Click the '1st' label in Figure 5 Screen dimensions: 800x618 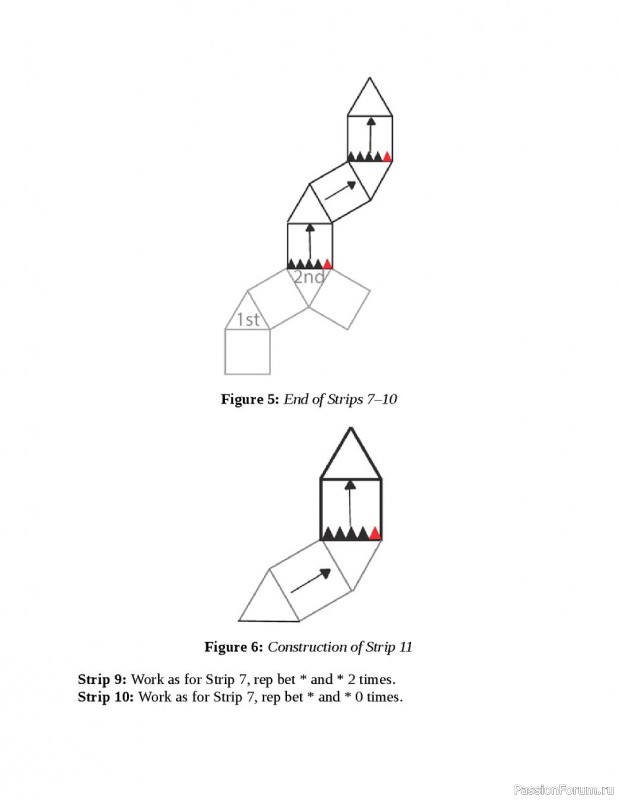247,320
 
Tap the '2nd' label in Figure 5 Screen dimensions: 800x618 309,277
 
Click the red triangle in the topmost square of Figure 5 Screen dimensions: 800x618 387,155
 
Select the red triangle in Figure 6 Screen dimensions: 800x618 374,533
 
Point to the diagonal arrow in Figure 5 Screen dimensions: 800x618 340,189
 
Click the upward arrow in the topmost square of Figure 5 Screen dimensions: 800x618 370,133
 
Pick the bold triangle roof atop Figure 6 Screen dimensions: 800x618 350,457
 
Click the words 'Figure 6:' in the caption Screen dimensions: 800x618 233,647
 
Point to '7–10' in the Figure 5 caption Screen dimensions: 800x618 382,399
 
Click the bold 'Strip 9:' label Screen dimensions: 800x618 102,679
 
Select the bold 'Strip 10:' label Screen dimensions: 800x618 105,696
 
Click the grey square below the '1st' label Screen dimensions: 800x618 247,352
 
